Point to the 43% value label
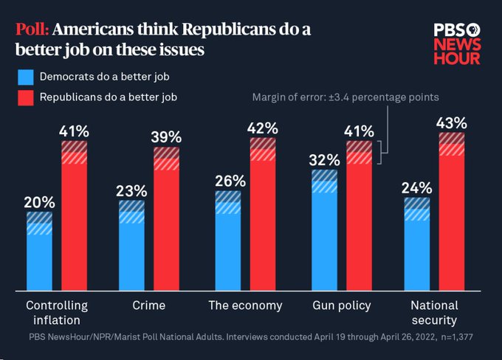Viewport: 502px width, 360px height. pyautogui.click(x=452, y=122)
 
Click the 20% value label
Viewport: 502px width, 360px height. pyautogui.click(x=39, y=201)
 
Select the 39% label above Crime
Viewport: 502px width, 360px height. pyautogui.click(x=167, y=137)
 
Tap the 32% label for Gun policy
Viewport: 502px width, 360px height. pyautogui.click(x=325, y=159)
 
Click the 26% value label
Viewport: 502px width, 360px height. pyautogui.click(x=227, y=180)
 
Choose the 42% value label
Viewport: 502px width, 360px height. pyautogui.click(x=263, y=128)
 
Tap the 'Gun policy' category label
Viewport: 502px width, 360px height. pyautogui.click(x=342, y=305)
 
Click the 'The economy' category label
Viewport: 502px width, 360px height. pyautogui.click(x=245, y=305)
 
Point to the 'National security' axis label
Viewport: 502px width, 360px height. pyautogui.click(x=434, y=313)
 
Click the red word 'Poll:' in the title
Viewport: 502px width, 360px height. pyautogui.click(x=32, y=30)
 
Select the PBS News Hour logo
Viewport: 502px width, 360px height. pyautogui.click(x=456, y=44)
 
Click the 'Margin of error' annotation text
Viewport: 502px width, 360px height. pyautogui.click(x=345, y=97)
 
